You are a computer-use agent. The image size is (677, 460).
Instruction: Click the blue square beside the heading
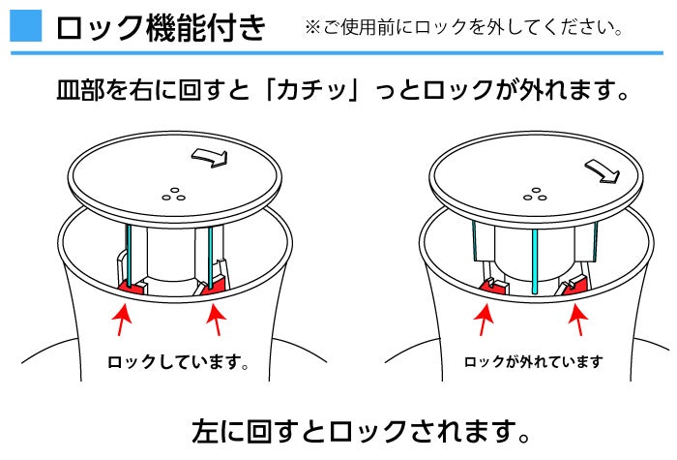[x=26, y=26]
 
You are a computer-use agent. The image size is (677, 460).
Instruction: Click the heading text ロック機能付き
[x=161, y=28]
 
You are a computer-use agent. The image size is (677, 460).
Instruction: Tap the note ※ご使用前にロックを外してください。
[x=463, y=28]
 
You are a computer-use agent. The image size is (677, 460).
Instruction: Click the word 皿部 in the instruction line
[x=81, y=90]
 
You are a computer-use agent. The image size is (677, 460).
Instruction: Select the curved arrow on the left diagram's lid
[x=210, y=157]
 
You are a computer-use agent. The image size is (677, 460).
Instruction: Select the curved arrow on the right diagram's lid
[x=603, y=170]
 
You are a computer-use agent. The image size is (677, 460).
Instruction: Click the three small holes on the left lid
[x=173, y=195]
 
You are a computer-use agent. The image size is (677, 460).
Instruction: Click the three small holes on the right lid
[x=535, y=195]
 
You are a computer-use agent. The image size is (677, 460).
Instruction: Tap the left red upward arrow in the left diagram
[x=122, y=320]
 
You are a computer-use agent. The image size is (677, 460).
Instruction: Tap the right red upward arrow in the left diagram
[x=217, y=320]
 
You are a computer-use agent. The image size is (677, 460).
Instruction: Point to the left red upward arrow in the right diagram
[x=484, y=320]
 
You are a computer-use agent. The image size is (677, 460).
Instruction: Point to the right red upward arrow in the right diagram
[x=578, y=320]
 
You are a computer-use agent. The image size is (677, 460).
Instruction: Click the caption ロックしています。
[x=178, y=362]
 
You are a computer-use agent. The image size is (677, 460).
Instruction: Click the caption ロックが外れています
[x=533, y=361]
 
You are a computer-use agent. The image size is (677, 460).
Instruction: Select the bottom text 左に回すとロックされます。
[x=362, y=431]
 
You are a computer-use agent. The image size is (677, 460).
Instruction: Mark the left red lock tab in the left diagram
[x=132, y=287]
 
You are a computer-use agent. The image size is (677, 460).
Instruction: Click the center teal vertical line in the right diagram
[x=535, y=261]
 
